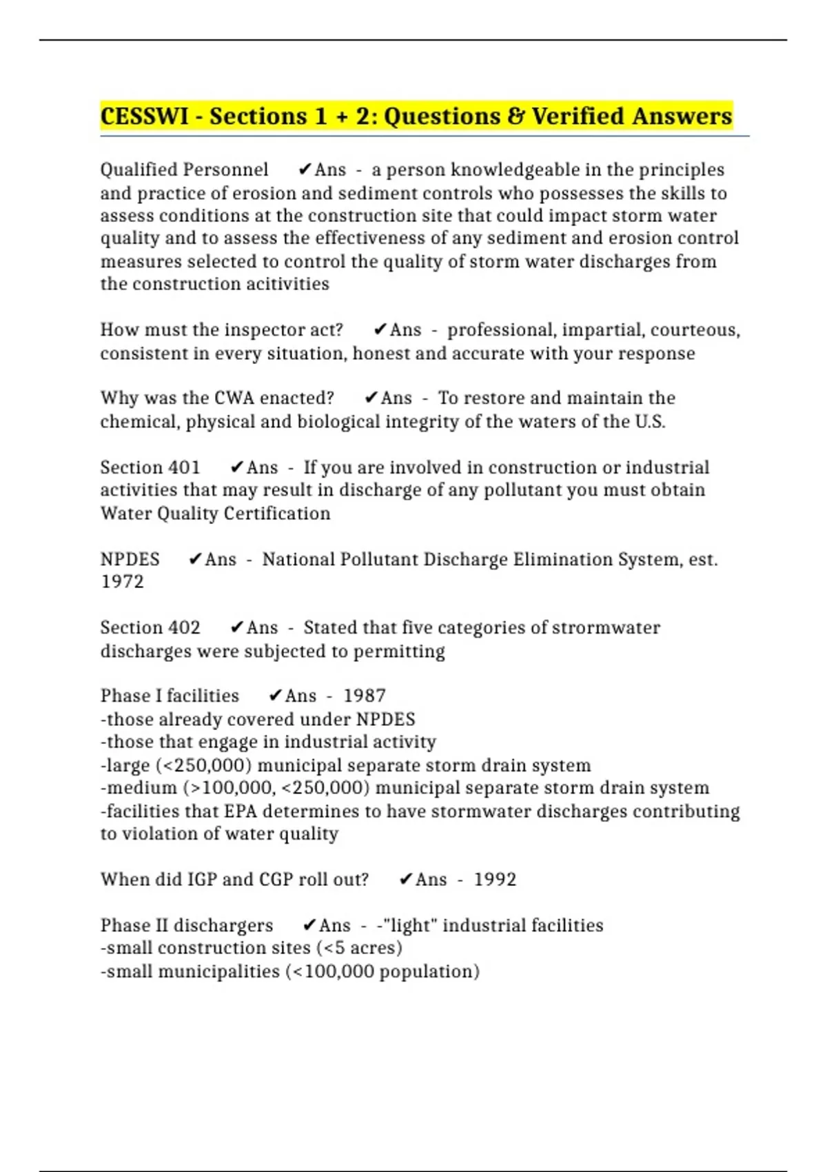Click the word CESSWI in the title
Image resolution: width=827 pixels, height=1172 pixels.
coord(144,116)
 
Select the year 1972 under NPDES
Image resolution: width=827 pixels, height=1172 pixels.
coord(122,582)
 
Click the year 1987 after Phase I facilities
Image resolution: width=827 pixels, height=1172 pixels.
coord(365,696)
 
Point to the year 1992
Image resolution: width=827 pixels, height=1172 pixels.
coord(495,880)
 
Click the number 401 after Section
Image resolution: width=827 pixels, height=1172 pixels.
coord(184,467)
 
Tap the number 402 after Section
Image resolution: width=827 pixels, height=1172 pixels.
coord(184,627)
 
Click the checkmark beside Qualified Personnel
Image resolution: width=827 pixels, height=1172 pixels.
coord(305,170)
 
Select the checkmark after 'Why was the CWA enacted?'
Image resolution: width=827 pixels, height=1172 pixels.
coord(371,398)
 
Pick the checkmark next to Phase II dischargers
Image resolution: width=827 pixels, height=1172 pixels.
coord(309,925)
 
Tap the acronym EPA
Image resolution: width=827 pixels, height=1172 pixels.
coord(241,811)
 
